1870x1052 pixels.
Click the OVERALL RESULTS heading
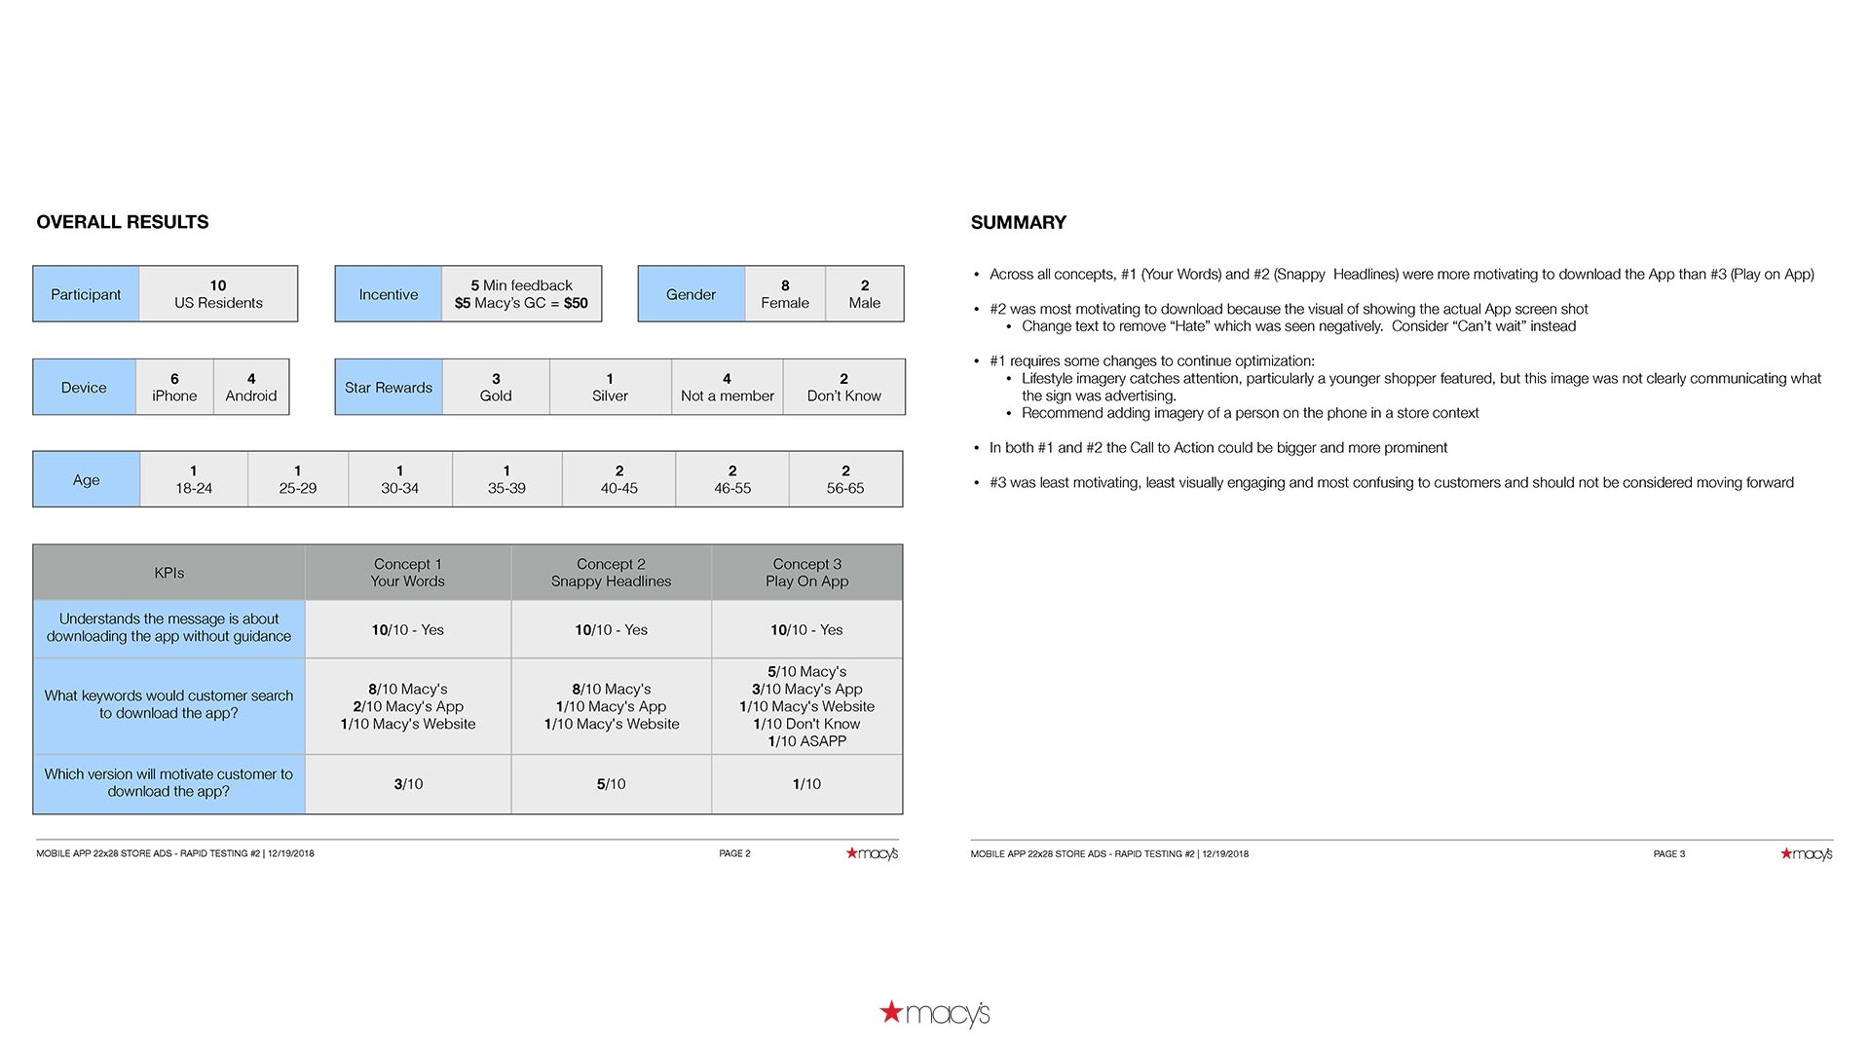point(123,222)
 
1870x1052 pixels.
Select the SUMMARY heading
point(1018,222)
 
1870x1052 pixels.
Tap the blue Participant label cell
point(86,294)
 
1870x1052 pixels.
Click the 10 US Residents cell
point(218,294)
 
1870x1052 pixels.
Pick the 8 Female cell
point(785,294)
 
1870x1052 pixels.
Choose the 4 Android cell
point(251,388)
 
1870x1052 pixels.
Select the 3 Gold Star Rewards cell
point(496,388)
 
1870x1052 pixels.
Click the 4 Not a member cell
point(727,388)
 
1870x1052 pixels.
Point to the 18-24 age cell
point(194,479)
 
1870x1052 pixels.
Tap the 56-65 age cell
point(845,479)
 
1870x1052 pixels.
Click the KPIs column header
point(169,573)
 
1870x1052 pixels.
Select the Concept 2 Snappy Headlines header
point(611,573)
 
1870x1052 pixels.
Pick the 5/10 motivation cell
point(611,784)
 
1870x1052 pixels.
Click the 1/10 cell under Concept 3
point(806,784)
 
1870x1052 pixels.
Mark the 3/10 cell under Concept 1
point(408,784)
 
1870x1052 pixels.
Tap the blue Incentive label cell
point(389,294)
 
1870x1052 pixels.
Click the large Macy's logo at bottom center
point(935,1014)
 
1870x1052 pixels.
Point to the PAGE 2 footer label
point(734,853)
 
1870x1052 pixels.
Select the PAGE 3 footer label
point(1668,853)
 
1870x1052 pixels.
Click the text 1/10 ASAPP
point(806,741)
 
